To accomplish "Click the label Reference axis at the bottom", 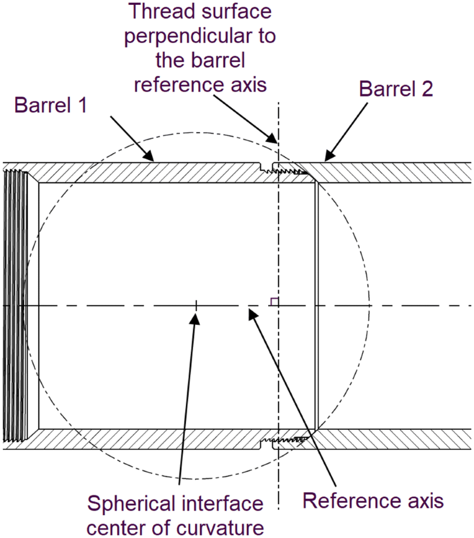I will point(373,501).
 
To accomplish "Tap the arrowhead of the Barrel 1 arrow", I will point(151,158).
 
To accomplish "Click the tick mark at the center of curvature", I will point(196,306).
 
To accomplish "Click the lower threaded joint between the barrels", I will point(284,441).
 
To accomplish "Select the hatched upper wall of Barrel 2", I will point(392,172).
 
